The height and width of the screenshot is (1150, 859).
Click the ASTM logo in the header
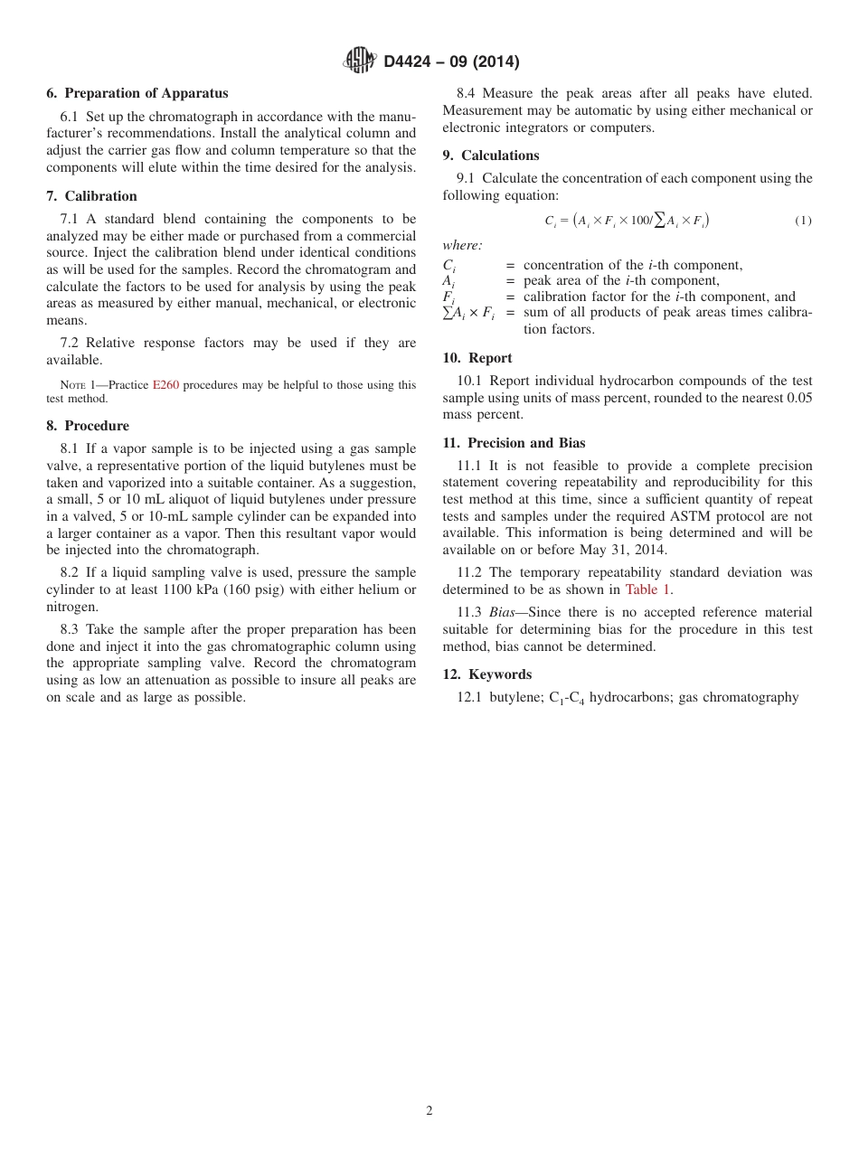click(359, 61)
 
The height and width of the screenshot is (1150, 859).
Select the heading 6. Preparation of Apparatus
click(137, 93)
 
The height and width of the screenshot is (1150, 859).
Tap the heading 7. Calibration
click(91, 196)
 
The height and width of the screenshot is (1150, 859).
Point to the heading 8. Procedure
click(88, 426)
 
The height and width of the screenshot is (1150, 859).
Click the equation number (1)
click(803, 221)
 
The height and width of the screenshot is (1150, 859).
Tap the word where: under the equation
click(462, 246)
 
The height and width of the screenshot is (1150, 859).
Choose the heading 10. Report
click(477, 358)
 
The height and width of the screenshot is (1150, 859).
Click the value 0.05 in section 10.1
click(798, 398)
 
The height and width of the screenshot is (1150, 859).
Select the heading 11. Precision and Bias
click(514, 443)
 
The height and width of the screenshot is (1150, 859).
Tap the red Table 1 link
click(647, 589)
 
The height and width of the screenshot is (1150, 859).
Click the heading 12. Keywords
click(486, 674)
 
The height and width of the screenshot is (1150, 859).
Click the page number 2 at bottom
click(429, 1111)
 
